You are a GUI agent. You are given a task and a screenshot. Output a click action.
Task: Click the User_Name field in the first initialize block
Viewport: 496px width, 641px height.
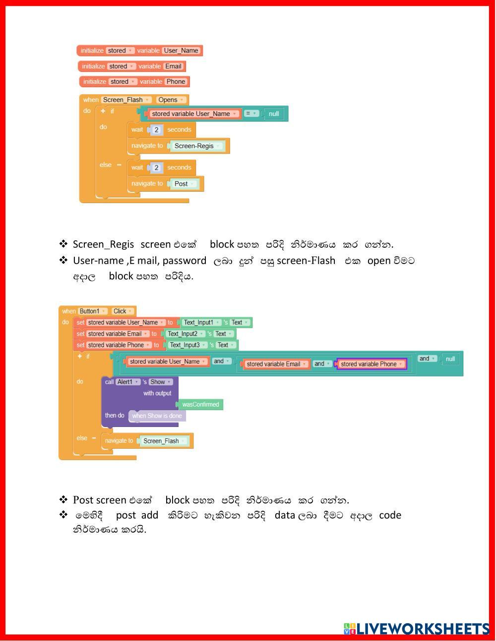pyautogui.click(x=181, y=51)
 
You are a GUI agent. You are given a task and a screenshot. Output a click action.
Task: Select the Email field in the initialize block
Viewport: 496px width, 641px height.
pyautogui.click(x=173, y=66)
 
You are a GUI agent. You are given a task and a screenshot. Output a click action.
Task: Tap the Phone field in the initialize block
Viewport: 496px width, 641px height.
pyautogui.click(x=176, y=81)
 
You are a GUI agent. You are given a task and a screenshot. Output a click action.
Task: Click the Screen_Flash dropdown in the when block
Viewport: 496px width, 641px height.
pyautogui.click(x=126, y=100)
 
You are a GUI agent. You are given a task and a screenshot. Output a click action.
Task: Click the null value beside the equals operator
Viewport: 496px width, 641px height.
pyautogui.click(x=274, y=114)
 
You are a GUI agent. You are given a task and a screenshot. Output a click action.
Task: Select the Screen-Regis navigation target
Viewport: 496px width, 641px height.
pyautogui.click(x=196, y=146)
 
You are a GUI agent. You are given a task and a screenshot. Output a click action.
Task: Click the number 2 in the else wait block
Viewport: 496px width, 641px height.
pyautogui.click(x=156, y=167)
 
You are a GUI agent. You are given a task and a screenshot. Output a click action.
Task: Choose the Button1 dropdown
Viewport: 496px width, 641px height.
pyautogui.click(x=92, y=311)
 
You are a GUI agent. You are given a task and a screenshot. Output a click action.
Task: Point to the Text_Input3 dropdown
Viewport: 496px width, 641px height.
pyautogui.click(x=188, y=345)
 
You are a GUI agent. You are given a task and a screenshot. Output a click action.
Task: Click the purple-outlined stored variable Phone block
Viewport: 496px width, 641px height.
pyautogui.click(x=372, y=364)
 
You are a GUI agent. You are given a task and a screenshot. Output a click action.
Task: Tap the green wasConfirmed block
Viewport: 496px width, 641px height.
pyautogui.click(x=200, y=404)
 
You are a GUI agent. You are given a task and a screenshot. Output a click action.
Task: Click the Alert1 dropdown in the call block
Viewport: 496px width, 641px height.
pyautogui.click(x=128, y=382)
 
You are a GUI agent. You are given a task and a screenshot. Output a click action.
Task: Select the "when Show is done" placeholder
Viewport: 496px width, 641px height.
pyautogui.click(x=157, y=416)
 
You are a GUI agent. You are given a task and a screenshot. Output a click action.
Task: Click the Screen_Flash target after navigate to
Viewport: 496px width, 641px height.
pyautogui.click(x=164, y=441)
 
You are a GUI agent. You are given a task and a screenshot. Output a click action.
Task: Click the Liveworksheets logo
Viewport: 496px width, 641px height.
pyautogui.click(x=416, y=628)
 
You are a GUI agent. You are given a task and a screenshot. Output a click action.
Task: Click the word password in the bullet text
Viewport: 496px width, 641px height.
pyautogui.click(x=184, y=261)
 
